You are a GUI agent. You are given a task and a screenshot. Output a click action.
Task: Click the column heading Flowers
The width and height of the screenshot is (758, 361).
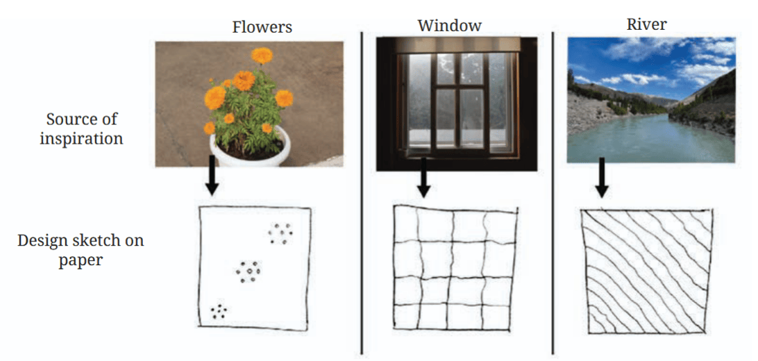(x=262, y=26)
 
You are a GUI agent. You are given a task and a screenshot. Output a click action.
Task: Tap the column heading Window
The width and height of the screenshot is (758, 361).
(x=450, y=25)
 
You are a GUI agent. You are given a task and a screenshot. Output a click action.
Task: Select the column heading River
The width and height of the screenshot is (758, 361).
(x=647, y=24)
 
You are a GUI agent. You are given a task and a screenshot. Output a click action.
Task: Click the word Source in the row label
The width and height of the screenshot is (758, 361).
(x=67, y=119)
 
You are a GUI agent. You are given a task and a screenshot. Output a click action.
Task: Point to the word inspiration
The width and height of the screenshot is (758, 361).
(x=81, y=139)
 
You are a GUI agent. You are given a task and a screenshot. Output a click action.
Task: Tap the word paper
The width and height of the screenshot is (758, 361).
(x=81, y=260)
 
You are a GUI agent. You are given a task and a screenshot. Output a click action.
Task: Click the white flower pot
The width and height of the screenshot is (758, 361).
(x=249, y=147)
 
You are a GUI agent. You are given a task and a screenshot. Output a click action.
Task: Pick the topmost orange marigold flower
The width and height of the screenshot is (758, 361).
(x=262, y=56)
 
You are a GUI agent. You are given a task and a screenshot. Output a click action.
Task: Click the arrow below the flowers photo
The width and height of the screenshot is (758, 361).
(x=211, y=176)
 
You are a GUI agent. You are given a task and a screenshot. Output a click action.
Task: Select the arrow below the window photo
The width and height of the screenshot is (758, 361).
(x=423, y=177)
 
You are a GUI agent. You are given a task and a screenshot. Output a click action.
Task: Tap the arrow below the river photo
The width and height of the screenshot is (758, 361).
(x=601, y=177)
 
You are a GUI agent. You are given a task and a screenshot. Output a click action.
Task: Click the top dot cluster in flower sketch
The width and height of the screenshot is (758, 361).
(x=281, y=233)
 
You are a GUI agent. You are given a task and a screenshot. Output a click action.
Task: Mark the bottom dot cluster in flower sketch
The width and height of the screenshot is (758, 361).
(x=219, y=311)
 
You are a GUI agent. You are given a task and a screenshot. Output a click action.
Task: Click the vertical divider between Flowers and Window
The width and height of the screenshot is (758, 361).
(x=362, y=192)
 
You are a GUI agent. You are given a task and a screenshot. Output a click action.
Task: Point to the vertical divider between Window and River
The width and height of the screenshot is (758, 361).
(x=553, y=192)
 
